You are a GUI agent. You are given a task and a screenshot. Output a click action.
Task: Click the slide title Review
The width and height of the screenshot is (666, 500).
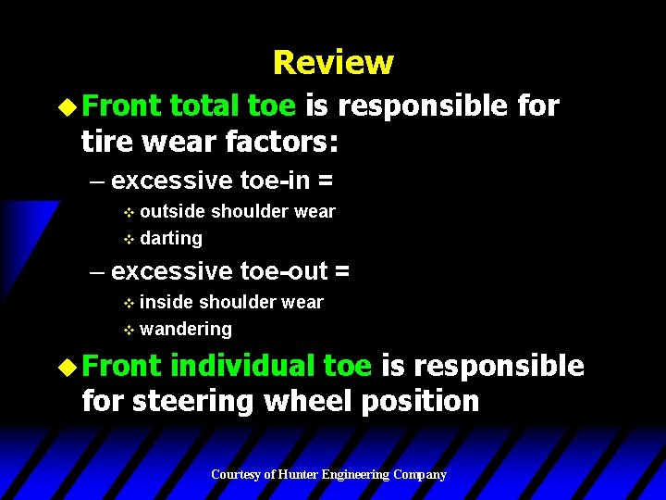click(x=333, y=63)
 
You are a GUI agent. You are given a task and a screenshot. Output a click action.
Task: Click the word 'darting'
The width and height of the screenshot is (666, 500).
click(x=171, y=238)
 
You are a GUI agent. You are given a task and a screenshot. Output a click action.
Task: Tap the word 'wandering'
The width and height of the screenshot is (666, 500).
click(x=186, y=329)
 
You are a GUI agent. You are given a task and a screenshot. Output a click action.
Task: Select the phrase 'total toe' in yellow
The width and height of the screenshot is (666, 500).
click(x=232, y=106)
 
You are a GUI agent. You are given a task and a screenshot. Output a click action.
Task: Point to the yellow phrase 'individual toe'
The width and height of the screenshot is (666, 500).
click(x=271, y=366)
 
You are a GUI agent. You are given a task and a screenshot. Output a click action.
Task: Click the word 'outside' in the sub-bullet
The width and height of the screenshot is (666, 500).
click(x=173, y=211)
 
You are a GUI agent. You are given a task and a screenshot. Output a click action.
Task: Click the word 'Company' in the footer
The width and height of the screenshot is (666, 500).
click(x=420, y=475)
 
